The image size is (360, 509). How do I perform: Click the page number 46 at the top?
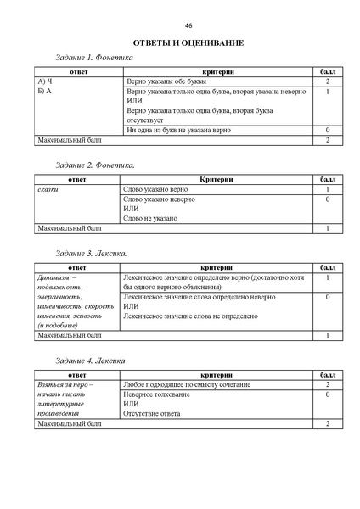click(188, 25)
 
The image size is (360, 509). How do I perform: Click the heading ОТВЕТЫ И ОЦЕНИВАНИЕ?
click(188, 42)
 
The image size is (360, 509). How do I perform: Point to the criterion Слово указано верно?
click(155, 189)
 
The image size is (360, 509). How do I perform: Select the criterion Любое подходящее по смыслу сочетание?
click(187, 384)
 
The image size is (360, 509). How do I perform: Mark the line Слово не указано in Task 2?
click(150, 218)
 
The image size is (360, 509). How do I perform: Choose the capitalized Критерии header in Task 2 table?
click(217, 180)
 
